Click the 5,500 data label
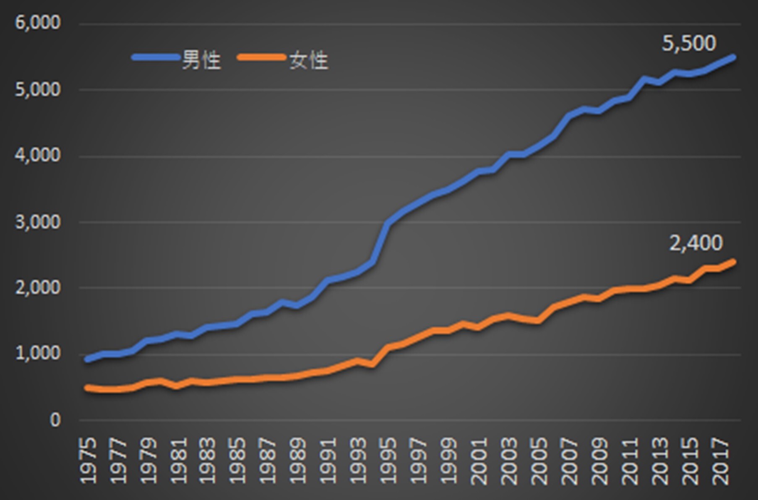(689, 43)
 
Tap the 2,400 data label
(696, 243)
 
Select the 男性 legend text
(201, 61)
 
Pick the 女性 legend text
(309, 61)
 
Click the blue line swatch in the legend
(155, 57)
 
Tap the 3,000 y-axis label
(38, 222)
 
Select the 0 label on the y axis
(55, 420)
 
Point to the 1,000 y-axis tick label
(38, 354)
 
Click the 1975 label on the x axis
(88, 461)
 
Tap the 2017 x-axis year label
(720, 461)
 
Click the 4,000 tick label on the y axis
(38, 156)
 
